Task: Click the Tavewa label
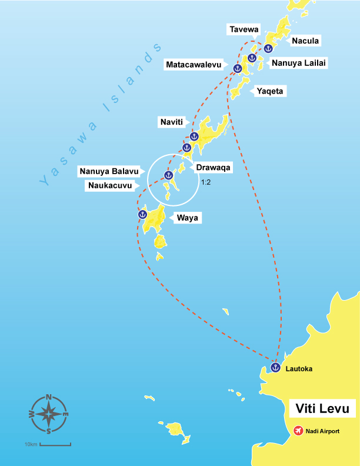pyautogui.click(x=244, y=29)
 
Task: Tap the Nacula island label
pyautogui.click(x=305, y=41)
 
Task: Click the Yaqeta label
pyautogui.click(x=269, y=91)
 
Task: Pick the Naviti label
pyautogui.click(x=172, y=122)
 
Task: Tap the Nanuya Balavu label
pyautogui.click(x=109, y=172)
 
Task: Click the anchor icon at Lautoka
pyautogui.click(x=275, y=368)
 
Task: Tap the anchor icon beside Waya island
pyautogui.click(x=142, y=215)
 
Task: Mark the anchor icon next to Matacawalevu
pyautogui.click(x=238, y=69)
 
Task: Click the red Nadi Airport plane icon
pyautogui.click(x=298, y=431)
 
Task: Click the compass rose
pyautogui.click(x=49, y=414)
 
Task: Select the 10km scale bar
pyautogui.click(x=55, y=443)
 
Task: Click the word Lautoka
pyautogui.click(x=299, y=369)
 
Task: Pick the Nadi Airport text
pyautogui.click(x=323, y=431)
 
